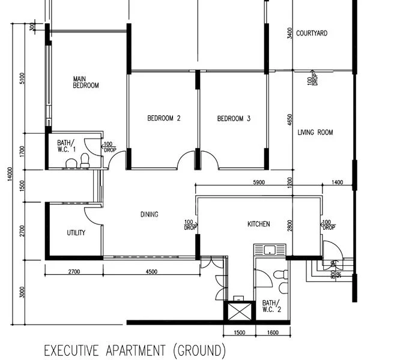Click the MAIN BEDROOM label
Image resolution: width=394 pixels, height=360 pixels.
point(86,82)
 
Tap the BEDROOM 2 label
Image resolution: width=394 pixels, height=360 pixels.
point(163,119)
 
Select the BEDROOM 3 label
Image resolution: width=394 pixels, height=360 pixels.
point(234,119)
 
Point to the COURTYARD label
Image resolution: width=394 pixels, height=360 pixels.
point(312,34)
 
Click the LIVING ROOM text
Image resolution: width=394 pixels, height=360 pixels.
point(315,133)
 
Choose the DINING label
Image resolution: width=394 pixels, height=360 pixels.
point(149,214)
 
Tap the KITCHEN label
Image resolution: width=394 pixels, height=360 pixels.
point(258,224)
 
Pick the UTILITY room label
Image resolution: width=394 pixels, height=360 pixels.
point(76,233)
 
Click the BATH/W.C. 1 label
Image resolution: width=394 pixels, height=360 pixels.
point(66,146)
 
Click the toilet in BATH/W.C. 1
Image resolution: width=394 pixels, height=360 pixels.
point(86,159)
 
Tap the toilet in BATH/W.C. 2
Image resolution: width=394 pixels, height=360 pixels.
point(280,275)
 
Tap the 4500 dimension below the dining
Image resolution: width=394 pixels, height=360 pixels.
point(151,272)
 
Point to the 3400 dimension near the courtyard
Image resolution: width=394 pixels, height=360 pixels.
point(290,33)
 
